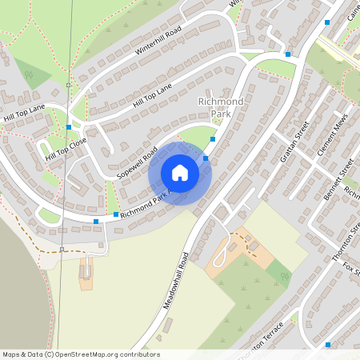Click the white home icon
point(180,173)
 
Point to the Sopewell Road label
point(137,162)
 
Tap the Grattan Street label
point(293,138)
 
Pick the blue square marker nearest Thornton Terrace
point(328,344)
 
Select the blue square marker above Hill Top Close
point(70,126)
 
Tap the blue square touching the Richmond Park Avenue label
point(116,214)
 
